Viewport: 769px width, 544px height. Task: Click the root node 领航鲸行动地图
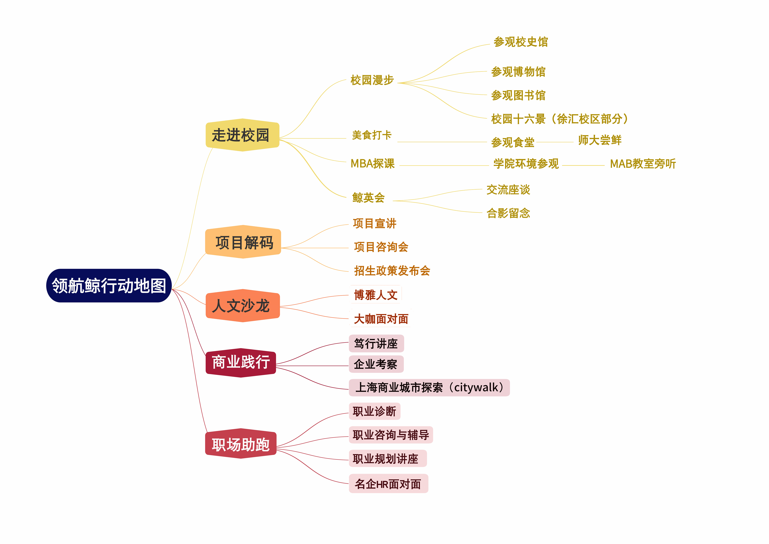tap(109, 286)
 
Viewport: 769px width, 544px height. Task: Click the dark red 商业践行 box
tap(241, 362)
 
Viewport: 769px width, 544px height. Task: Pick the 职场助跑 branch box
tap(241, 444)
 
